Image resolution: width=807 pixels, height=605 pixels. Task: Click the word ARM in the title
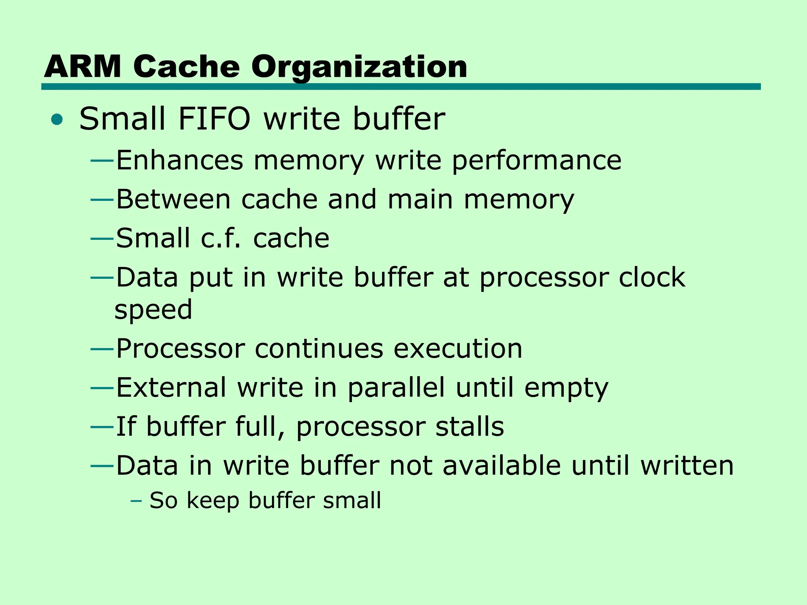click(x=82, y=66)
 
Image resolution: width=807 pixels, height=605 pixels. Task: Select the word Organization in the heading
click(x=359, y=67)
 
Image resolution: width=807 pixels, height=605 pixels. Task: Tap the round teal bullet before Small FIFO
click(x=57, y=119)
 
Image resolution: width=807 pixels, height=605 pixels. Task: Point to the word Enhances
click(x=180, y=160)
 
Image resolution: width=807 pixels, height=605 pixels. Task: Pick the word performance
click(x=536, y=161)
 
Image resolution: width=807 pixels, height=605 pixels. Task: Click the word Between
click(x=173, y=199)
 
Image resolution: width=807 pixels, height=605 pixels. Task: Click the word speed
click(x=153, y=310)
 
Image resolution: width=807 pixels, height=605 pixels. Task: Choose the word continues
click(x=319, y=349)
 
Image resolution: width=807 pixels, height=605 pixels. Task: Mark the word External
click(x=171, y=388)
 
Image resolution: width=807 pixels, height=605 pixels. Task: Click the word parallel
click(x=396, y=388)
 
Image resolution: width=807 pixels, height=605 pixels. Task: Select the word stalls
click(x=469, y=427)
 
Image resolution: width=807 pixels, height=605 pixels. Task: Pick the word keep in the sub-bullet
click(x=213, y=501)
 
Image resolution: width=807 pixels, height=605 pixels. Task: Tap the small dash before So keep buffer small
click(x=136, y=501)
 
